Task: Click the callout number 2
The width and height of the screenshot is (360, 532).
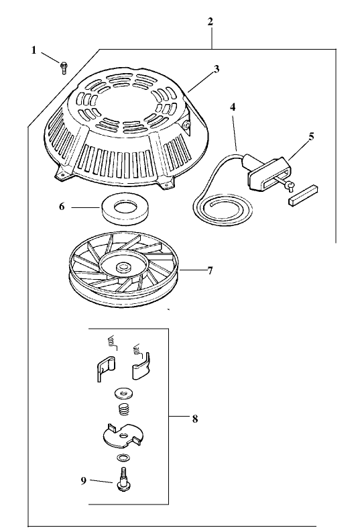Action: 211,21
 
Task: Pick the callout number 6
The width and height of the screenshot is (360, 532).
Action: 61,207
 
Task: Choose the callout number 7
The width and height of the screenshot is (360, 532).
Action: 209,270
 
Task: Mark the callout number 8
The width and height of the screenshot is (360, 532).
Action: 194,419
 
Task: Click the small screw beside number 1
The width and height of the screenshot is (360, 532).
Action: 63,66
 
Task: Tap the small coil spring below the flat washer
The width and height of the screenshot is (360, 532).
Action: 123,409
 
